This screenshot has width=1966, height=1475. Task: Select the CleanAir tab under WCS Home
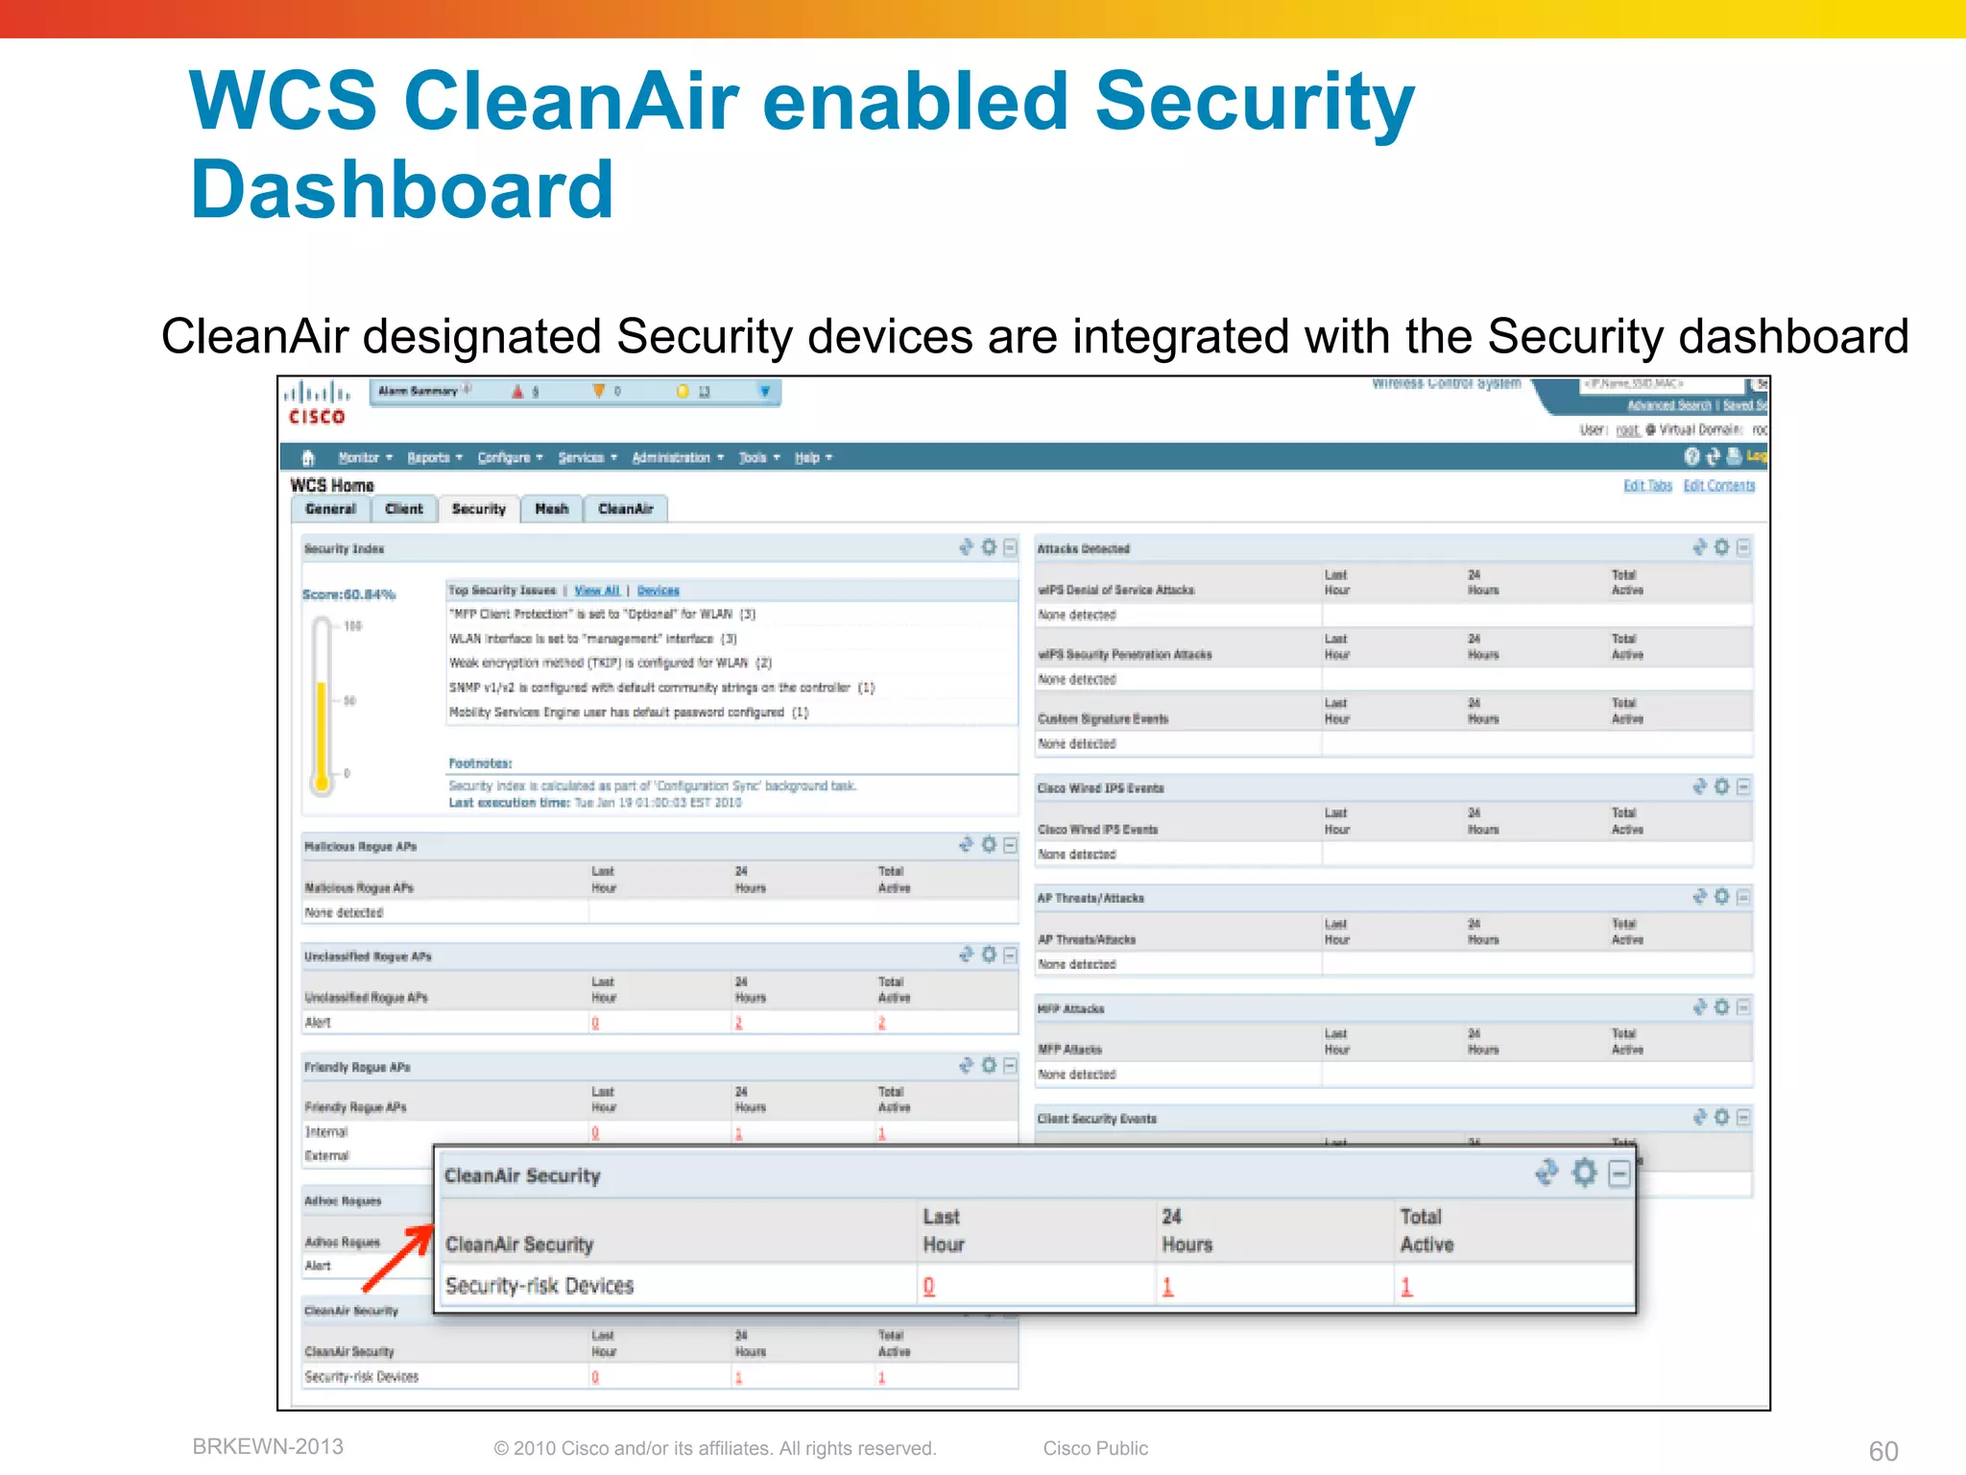[x=625, y=509]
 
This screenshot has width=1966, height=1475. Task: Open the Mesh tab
[x=551, y=509]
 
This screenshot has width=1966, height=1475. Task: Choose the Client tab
[x=403, y=509]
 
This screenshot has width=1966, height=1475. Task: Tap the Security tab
[x=478, y=509]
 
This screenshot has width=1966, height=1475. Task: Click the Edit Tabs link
[x=1647, y=486]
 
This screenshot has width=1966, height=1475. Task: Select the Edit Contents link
[x=1718, y=486]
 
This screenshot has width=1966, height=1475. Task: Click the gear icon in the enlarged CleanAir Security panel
[x=1584, y=1173]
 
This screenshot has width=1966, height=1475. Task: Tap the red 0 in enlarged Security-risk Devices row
[x=928, y=1287]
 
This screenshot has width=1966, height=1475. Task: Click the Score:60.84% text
[x=348, y=594]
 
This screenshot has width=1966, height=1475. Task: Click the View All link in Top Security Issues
[x=596, y=591]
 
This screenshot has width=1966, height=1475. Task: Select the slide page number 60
[x=1882, y=1451]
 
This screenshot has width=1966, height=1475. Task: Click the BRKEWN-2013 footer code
[x=268, y=1446]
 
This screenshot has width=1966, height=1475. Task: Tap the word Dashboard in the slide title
[x=401, y=189]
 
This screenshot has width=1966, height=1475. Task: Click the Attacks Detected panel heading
[x=1083, y=549]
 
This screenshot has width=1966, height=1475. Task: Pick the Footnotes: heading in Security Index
[x=480, y=763]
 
